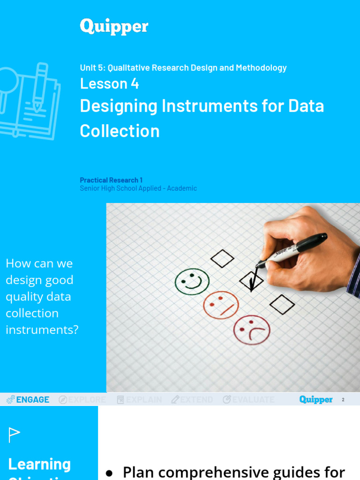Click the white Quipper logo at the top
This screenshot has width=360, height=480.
pos(114,26)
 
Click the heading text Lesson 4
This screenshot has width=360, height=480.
pos(109,83)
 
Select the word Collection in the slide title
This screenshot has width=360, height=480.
pos(120,131)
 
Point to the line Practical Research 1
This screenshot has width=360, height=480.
pos(111,180)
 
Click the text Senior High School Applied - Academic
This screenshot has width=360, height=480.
pos(138,188)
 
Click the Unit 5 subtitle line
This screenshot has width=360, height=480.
pos(183,67)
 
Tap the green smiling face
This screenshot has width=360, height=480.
pos(192,282)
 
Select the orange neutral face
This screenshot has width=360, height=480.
pos(221,305)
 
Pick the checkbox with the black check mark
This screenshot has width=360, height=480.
pos(251,281)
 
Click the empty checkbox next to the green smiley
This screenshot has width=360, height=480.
pos(222,258)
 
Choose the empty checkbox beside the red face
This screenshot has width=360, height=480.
pos(282,305)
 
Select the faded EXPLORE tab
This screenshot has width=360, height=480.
pos(82,399)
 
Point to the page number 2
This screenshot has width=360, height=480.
pos(343,400)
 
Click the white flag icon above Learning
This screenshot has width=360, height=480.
pos(15,435)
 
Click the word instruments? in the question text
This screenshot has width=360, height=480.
pos(42,330)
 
